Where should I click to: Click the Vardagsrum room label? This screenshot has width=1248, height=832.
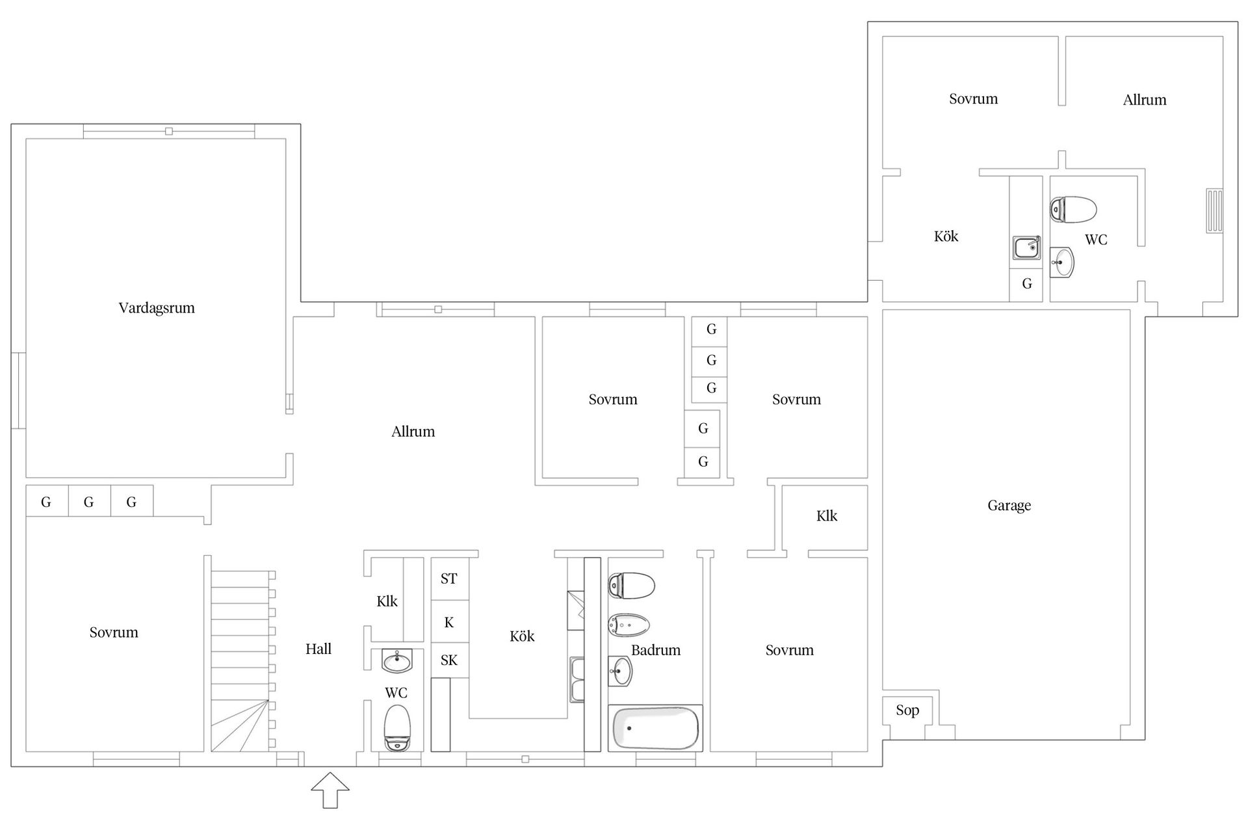[157, 308]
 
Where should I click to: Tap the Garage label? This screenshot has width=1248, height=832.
[1009, 506]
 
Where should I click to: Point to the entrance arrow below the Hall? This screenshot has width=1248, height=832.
[330, 790]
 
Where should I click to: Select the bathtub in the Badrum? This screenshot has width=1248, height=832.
[655, 728]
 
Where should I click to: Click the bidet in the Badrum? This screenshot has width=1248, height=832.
[629, 625]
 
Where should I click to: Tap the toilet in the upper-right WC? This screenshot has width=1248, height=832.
[1073, 209]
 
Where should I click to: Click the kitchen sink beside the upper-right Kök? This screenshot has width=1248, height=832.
[1026, 248]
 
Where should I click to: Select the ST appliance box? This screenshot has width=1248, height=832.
[449, 578]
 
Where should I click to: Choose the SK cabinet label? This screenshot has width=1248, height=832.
[449, 660]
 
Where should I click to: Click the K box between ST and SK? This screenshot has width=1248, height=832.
[449, 622]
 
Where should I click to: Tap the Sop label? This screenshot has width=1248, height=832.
[907, 710]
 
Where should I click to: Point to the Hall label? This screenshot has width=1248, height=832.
[318, 649]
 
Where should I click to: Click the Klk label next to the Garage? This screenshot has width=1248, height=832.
[827, 516]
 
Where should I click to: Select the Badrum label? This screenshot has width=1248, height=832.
[656, 650]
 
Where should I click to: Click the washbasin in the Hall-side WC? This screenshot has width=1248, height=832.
[396, 662]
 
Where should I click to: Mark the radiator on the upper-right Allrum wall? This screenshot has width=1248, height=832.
[1214, 211]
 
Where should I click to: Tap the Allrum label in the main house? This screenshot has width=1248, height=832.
[413, 432]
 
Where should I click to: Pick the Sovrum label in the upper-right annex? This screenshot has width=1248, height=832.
[973, 99]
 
